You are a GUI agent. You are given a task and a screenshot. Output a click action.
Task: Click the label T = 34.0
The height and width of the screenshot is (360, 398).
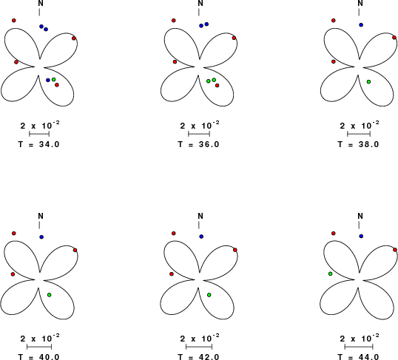[x=38, y=144]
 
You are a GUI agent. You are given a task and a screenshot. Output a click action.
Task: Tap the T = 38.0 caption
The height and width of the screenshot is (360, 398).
[x=358, y=144]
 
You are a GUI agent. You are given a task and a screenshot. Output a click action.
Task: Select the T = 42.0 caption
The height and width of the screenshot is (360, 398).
[x=198, y=357]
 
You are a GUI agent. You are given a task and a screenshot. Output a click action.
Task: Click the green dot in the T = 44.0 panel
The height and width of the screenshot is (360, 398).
[x=330, y=274]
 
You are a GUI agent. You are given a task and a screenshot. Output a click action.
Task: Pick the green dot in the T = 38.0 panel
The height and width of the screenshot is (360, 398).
[x=368, y=82]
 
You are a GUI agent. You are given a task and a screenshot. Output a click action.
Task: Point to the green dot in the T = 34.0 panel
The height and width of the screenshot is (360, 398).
[x=53, y=79]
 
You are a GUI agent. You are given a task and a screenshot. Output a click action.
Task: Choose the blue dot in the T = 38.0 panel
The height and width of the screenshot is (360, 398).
[x=361, y=25]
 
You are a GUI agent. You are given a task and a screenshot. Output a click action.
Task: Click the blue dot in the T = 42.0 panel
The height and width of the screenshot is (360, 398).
[x=201, y=237]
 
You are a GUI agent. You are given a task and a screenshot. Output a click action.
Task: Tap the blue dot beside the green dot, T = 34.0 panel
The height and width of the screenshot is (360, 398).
[x=48, y=80]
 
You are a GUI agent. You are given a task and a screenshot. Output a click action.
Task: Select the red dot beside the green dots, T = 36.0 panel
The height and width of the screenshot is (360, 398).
[x=217, y=86]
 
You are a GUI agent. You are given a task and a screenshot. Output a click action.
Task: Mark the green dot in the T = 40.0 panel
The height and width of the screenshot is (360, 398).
[x=50, y=295]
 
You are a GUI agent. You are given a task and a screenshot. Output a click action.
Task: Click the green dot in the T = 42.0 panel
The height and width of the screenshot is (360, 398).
[x=209, y=295]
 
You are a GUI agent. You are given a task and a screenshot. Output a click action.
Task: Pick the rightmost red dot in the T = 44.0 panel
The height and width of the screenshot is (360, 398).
[x=395, y=250]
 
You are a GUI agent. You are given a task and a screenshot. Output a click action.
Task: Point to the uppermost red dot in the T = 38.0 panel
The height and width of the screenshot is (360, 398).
[x=334, y=20]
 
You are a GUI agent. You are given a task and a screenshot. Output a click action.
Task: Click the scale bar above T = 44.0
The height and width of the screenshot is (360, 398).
[x=359, y=347]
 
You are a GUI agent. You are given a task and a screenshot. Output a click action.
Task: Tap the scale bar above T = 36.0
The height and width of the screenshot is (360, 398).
[x=199, y=134]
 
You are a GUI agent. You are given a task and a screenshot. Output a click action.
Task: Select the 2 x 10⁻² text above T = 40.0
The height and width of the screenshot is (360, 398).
[x=40, y=339]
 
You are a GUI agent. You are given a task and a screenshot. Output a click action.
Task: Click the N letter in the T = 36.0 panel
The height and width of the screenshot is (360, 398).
[x=200, y=3]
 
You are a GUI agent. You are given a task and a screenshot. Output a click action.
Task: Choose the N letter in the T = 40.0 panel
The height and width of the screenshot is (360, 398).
[x=41, y=216]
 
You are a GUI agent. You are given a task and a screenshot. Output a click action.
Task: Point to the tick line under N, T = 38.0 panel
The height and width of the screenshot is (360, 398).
[x=359, y=12]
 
